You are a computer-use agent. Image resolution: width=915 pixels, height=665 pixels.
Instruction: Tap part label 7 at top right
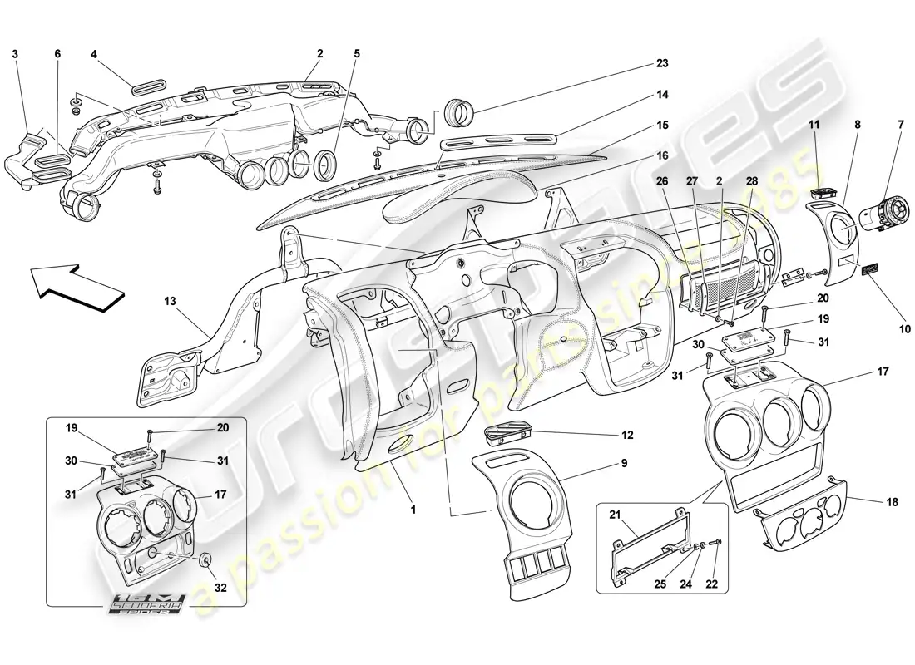[898, 124]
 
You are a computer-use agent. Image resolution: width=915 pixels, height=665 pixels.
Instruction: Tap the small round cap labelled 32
[203, 559]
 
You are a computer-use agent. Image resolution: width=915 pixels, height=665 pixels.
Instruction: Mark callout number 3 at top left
[15, 54]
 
